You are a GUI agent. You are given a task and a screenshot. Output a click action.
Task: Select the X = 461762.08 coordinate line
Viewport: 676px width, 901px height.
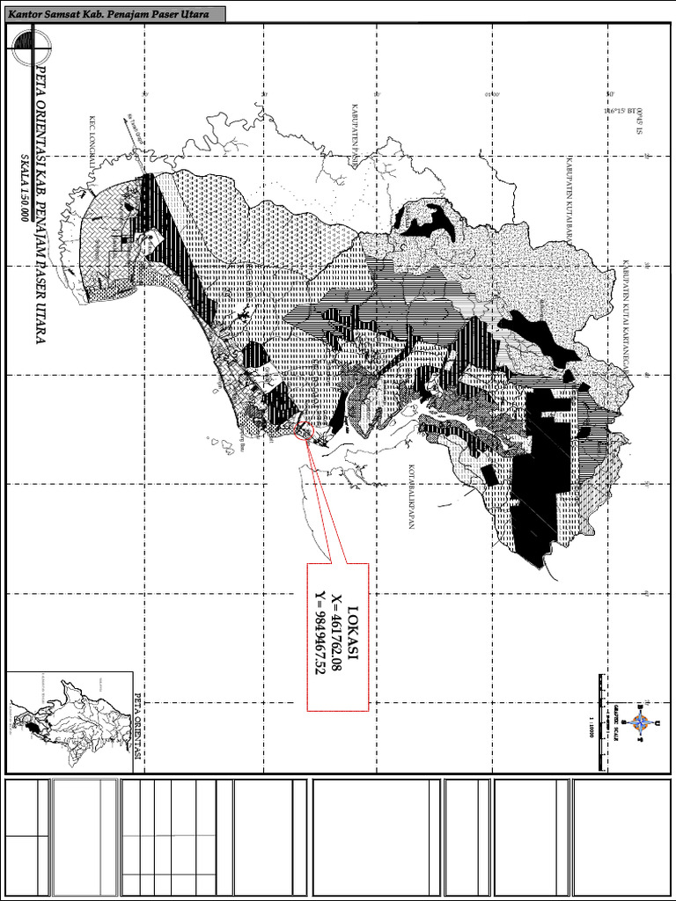(x=337, y=635)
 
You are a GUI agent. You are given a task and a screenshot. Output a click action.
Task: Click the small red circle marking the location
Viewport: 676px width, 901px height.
(x=306, y=430)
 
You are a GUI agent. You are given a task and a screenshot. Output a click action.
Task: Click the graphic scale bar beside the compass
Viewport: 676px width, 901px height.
(x=602, y=722)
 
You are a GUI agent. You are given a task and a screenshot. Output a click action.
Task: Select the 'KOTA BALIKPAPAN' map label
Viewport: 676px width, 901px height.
(x=410, y=497)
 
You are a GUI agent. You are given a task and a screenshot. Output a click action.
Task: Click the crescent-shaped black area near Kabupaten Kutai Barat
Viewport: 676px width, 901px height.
(x=430, y=220)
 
